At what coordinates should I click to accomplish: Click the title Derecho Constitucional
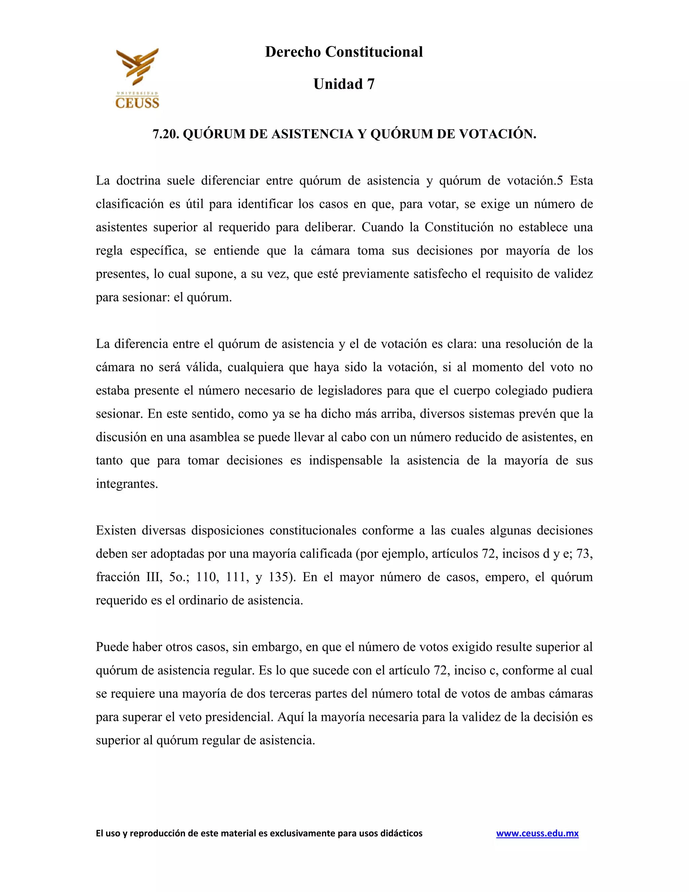click(344, 52)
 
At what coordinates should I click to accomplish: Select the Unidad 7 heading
click(344, 84)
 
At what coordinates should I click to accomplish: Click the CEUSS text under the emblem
click(137, 103)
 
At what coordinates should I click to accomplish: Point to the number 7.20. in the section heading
click(166, 134)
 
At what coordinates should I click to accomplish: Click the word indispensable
click(345, 460)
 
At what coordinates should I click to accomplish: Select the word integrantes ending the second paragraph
click(126, 484)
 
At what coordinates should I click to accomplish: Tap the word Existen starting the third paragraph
click(116, 530)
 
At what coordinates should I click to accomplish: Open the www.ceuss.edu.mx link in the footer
click(537, 833)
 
